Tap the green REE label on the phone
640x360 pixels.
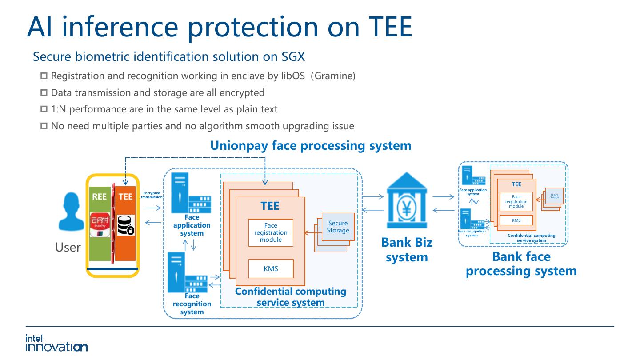99,196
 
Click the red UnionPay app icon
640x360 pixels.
99,225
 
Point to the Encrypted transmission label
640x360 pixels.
152,195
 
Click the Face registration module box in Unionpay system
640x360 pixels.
271,232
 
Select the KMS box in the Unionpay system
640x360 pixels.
271,268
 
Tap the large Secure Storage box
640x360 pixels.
338,227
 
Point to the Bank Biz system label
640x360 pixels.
407,250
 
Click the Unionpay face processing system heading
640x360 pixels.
310,145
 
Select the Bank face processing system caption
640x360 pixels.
521,264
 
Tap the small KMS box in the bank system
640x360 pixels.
516,220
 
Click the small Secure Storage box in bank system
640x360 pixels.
554,196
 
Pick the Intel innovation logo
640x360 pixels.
56,343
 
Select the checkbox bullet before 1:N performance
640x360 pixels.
44,109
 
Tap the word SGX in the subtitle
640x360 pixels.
293,57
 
